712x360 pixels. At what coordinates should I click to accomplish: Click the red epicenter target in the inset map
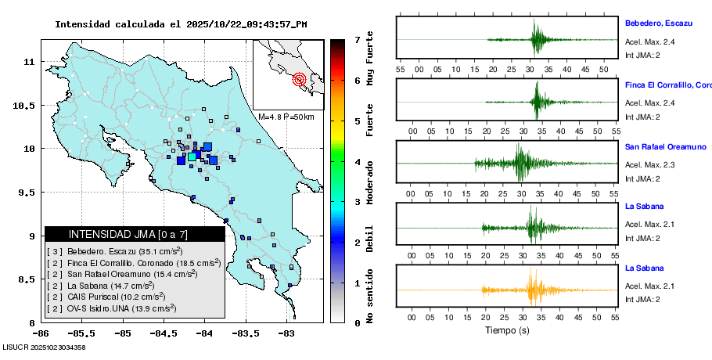point(300,79)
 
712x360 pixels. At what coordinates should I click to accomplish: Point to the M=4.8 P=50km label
point(286,117)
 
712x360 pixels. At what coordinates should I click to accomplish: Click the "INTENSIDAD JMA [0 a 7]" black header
point(135,234)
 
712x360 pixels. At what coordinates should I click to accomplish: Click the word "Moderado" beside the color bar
point(370,182)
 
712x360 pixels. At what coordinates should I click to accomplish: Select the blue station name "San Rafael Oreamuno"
point(665,146)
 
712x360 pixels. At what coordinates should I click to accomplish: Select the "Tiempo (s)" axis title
point(507,331)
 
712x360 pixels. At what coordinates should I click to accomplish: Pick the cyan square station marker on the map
point(192,157)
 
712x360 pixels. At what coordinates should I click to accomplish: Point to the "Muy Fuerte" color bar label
point(370,59)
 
